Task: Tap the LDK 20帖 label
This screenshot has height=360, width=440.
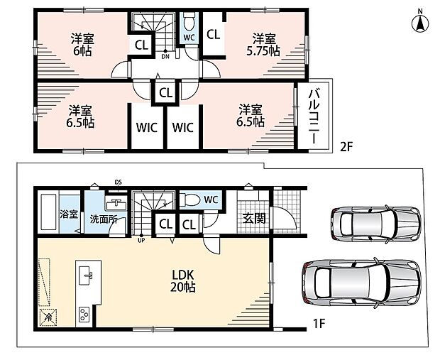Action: tap(183, 280)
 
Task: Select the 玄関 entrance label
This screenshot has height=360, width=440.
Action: tap(254, 219)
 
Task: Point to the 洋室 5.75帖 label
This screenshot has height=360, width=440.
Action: tap(263, 45)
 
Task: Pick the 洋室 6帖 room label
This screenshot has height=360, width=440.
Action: tap(82, 45)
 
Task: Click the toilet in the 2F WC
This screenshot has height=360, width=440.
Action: tap(189, 21)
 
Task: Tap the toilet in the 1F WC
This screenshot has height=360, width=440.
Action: tap(190, 200)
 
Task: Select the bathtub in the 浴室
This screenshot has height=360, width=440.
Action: tap(49, 212)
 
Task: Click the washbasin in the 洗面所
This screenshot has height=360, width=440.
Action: tap(116, 204)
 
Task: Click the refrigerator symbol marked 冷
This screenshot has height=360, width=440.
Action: tap(48, 317)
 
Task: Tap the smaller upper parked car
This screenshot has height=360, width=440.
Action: tap(375, 224)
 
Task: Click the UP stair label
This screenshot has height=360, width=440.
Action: tap(141, 241)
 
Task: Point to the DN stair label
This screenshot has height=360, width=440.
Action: tap(165, 56)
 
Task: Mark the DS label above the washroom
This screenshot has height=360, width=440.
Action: tap(118, 182)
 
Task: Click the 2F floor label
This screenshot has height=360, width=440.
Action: tap(346, 147)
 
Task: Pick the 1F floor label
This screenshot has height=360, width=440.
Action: tap(319, 324)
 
